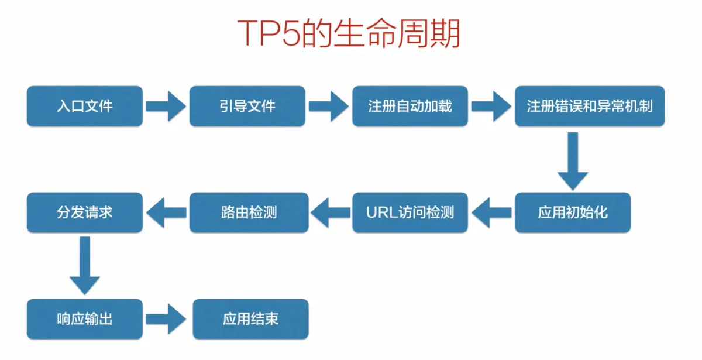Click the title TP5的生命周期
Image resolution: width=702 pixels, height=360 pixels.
pyautogui.click(x=349, y=34)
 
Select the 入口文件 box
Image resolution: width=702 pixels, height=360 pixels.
pyautogui.click(x=85, y=106)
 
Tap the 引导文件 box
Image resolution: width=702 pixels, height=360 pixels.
pyautogui.click(x=247, y=106)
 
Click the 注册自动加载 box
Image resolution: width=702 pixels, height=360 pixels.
pyautogui.click(x=410, y=106)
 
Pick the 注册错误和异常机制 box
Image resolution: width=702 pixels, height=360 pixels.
pyautogui.click(x=590, y=106)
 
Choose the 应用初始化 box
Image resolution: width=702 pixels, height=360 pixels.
pyautogui.click(x=573, y=212)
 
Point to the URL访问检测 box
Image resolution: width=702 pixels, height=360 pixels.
pyautogui.click(x=410, y=212)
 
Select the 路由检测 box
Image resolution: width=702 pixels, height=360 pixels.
pyautogui.click(x=249, y=212)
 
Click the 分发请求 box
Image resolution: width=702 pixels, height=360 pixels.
pyautogui.click(x=85, y=212)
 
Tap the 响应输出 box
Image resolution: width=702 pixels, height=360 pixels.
pyautogui.click(x=85, y=319)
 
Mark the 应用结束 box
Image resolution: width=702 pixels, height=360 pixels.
pyautogui.click(x=250, y=319)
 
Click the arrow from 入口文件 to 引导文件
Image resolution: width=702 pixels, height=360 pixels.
pyautogui.click(x=166, y=106)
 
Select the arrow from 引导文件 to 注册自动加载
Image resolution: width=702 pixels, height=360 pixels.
pyautogui.click(x=328, y=106)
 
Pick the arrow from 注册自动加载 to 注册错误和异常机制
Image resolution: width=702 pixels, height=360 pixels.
pyautogui.click(x=491, y=106)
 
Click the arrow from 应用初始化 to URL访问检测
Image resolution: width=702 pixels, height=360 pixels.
pyautogui.click(x=491, y=212)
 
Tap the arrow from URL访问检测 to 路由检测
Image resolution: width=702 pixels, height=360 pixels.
pyautogui.click(x=329, y=212)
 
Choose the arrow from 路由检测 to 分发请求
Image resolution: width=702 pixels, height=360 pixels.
pyautogui.click(x=166, y=212)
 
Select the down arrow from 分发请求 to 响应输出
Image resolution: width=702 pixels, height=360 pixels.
pyautogui.click(x=85, y=265)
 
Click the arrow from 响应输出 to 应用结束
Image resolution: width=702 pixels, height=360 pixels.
pyautogui.click(x=167, y=319)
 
